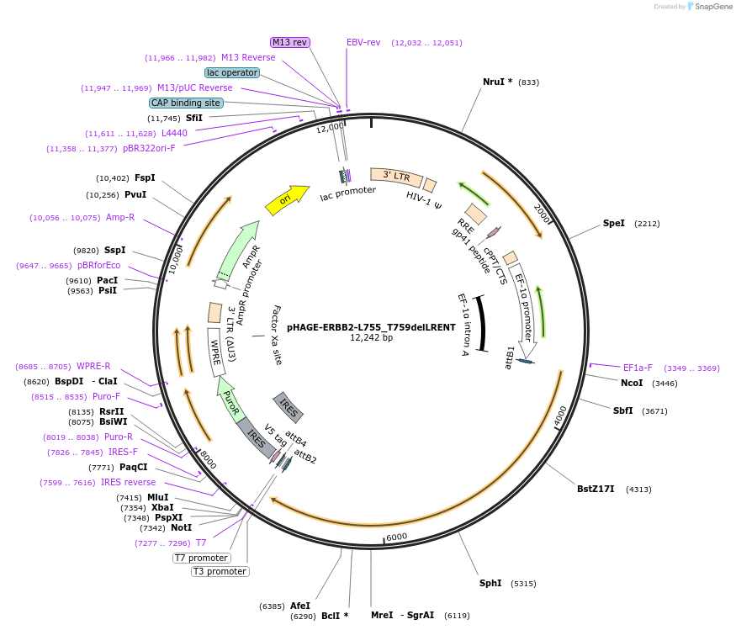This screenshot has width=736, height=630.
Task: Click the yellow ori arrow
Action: (x=286, y=200)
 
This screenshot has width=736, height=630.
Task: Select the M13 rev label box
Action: (x=290, y=42)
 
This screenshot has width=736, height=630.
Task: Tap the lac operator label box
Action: (x=232, y=72)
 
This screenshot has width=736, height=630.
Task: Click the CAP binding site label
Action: (x=186, y=103)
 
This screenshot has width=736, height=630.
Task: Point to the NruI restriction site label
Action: (x=497, y=82)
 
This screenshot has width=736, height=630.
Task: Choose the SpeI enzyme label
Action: (x=614, y=223)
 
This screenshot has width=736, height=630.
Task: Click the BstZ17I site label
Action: (x=596, y=489)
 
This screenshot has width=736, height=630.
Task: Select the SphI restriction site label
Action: (x=490, y=583)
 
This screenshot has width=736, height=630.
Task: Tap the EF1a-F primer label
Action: (x=638, y=368)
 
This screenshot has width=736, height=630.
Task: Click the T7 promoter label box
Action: (x=201, y=558)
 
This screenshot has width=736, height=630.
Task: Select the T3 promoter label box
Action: (x=220, y=571)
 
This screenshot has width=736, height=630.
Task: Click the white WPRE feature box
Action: (x=217, y=352)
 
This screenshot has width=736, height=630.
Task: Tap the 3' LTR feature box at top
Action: (x=396, y=176)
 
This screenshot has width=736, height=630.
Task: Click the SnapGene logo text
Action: (x=712, y=7)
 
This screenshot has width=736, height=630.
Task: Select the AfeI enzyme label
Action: (x=300, y=605)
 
